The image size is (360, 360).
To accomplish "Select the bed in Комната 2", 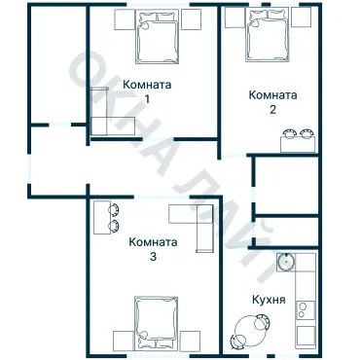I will (x=267, y=34).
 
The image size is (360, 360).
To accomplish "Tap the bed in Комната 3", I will (x=157, y=323).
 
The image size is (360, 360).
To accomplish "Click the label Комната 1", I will (x=147, y=91).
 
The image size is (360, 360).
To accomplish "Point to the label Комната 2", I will (x=272, y=101).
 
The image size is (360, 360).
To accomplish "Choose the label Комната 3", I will (x=154, y=249).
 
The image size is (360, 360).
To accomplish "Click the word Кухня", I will (x=268, y=301).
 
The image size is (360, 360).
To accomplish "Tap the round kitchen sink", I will (x=287, y=261).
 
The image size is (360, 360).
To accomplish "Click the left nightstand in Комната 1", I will (x=122, y=20).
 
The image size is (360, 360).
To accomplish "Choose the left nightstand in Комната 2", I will (x=234, y=20).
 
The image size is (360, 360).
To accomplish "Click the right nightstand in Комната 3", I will (x=192, y=340).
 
